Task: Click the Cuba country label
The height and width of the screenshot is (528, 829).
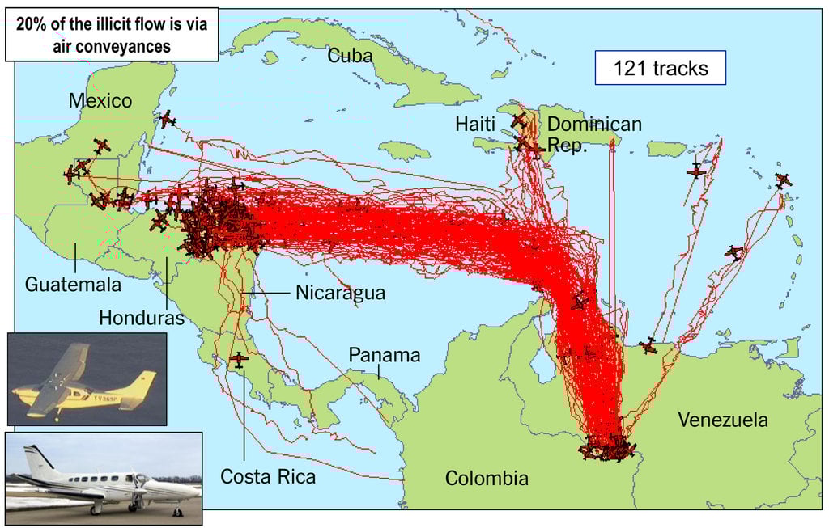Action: tap(350, 55)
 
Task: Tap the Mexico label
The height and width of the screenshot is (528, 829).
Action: tap(100, 101)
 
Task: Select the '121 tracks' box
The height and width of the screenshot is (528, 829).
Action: tap(660, 69)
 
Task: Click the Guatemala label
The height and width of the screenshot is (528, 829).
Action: tap(73, 285)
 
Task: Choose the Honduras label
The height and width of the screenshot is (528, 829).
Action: tap(141, 318)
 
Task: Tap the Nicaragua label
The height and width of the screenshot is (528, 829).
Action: tap(340, 292)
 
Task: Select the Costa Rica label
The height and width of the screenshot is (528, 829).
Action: tap(268, 476)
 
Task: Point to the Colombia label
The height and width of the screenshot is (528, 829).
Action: tap(487, 478)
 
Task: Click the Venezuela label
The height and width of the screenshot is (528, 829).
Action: tap(723, 420)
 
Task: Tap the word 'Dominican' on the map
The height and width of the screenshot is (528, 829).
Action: tap(594, 124)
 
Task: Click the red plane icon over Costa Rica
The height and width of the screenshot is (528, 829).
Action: tap(239, 359)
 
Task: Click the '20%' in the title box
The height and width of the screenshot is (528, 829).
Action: tap(40, 24)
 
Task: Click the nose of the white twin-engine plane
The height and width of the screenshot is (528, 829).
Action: tap(197, 489)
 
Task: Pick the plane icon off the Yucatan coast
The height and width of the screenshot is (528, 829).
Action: tap(167, 120)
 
